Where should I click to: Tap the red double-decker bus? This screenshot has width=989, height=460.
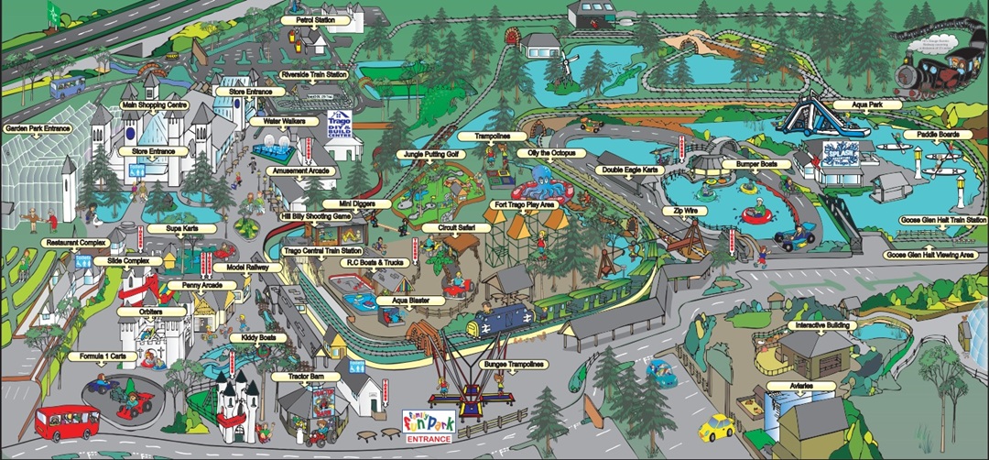67,422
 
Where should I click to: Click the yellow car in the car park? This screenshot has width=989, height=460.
718,427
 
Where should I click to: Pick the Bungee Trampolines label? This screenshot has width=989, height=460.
513,364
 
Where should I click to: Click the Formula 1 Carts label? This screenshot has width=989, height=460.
100,356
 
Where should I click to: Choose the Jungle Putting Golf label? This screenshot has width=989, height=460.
431,155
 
